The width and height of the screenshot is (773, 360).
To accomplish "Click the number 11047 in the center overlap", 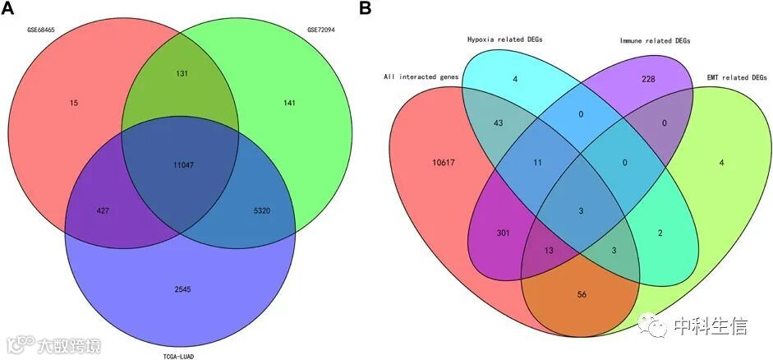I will coord(179,166).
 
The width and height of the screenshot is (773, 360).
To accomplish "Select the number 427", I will coord(103,210).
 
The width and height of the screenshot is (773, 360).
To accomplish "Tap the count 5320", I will coord(258,210).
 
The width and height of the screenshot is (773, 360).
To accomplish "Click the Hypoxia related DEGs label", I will coord(504,39).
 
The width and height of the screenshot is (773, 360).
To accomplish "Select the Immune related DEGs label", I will coord(655,39).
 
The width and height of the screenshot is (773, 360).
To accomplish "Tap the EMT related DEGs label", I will coord(736,77).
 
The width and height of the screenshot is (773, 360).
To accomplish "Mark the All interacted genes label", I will coord(421,77).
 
